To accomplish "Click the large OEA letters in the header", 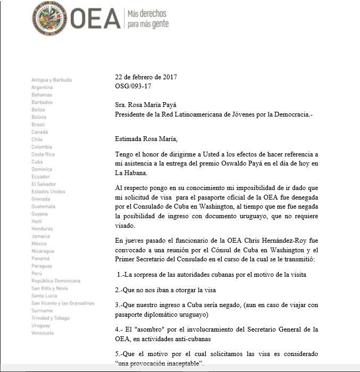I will [95, 19].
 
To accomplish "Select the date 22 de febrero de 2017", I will [146, 77].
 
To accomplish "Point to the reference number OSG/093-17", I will [133, 86].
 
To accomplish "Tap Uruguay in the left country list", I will [41, 325].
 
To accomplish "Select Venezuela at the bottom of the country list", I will [43, 333].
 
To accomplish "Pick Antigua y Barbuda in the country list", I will [52, 80].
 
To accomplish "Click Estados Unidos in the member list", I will [48, 191].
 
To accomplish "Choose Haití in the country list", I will [37, 221].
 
